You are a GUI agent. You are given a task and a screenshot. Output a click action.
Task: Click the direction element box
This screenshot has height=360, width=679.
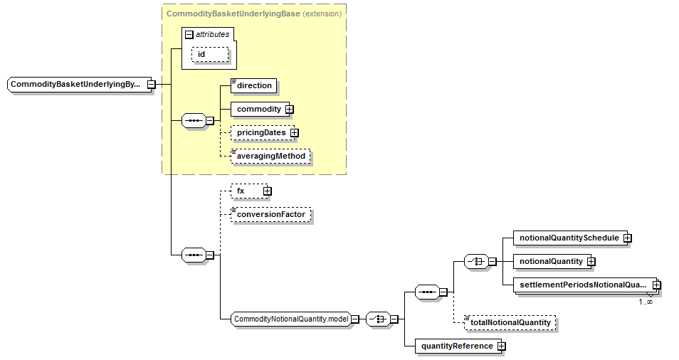tap(254, 85)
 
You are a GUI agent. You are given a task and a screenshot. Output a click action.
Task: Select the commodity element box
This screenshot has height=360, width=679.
tap(258, 110)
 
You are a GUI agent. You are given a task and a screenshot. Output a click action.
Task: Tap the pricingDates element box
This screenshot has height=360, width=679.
tap(261, 132)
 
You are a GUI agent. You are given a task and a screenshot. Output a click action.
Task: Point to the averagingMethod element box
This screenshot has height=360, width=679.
tap(270, 156)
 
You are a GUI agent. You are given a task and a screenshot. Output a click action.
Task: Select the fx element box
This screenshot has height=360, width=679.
tap(246, 191)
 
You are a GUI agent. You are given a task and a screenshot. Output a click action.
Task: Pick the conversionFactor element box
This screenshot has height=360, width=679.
tap(270, 214)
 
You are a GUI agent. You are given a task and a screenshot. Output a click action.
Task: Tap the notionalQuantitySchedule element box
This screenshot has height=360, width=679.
tap(569, 238)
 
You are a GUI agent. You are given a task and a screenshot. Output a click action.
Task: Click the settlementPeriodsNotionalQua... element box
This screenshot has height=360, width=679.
tap(582, 285)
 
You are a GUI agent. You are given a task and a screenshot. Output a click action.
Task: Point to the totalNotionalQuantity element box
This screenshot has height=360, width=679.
tap(510, 322)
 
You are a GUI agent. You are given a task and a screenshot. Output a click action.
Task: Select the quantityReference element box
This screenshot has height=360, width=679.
tap(456, 346)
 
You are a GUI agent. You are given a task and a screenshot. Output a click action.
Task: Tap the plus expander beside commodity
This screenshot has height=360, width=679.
tap(290, 110)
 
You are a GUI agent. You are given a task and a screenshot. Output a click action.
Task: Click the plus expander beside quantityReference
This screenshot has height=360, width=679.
tap(501, 346)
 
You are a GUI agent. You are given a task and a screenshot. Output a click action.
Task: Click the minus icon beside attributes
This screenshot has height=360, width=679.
tap(189, 34)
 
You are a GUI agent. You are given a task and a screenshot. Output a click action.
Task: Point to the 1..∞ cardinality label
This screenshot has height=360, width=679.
tap(646, 302)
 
